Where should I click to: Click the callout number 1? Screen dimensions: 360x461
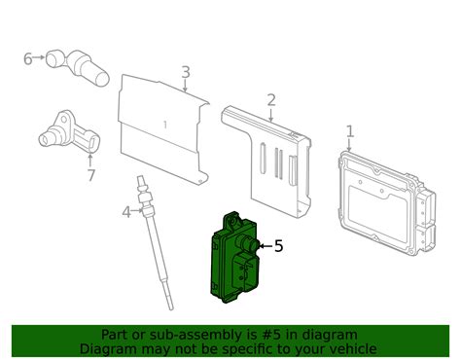click(350, 129)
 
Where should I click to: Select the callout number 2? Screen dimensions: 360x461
click(271, 99)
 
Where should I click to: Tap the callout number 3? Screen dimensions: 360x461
click(186, 71)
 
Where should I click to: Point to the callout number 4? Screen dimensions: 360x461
click(126, 212)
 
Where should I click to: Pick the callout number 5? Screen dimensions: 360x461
click(278, 246)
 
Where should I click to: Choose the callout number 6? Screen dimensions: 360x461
click(27, 59)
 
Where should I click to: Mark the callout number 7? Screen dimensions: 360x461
click(90, 176)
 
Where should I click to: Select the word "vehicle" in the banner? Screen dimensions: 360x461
click(348, 347)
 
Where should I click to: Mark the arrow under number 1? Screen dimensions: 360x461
click(350, 143)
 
